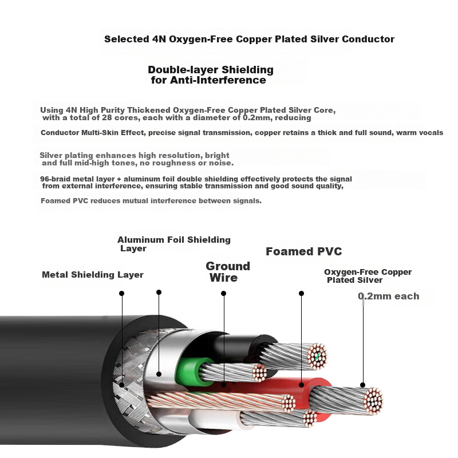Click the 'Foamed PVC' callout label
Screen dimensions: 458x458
coord(303,251)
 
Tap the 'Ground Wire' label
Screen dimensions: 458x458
coord(227,272)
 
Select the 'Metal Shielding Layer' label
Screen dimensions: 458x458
coord(93,275)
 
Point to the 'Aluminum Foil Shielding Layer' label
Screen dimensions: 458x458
coord(173,244)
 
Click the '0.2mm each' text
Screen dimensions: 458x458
coord(388,296)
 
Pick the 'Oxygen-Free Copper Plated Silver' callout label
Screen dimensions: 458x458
coord(368,276)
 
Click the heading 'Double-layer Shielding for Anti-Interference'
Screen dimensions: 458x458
coord(210,75)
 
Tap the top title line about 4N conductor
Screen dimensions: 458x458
coord(249,40)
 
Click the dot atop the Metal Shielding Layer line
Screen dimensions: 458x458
coord(121,293)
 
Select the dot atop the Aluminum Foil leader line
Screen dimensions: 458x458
coord(159,292)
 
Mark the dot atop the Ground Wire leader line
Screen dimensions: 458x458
coord(223,293)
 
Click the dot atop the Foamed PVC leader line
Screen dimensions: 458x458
coord(301,293)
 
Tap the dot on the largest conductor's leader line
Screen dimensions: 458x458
coord(362,385)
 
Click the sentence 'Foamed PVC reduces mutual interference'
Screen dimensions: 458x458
coord(151,201)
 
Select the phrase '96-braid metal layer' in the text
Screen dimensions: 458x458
coord(77,179)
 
